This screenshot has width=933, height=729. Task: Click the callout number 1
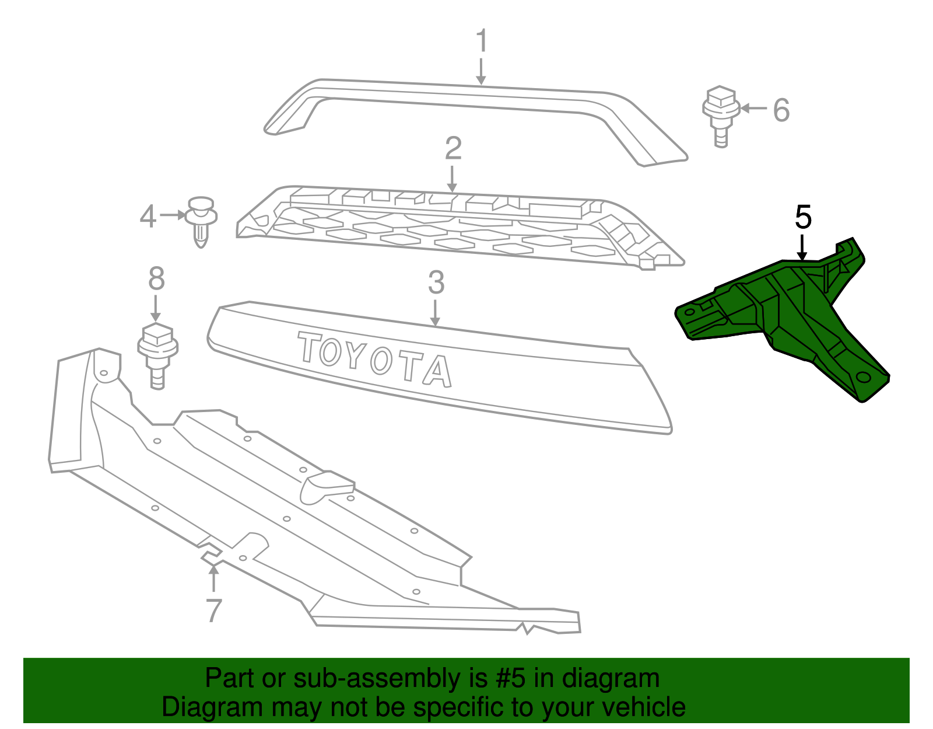pyautogui.click(x=481, y=41)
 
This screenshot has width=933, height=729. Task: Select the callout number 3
pyautogui.click(x=436, y=282)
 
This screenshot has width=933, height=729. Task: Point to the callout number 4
pyautogui.click(x=148, y=217)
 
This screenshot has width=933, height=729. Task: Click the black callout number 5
pyautogui.click(x=803, y=217)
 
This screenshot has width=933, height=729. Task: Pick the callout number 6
pyautogui.click(x=781, y=110)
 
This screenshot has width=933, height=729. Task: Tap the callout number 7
pyautogui.click(x=214, y=611)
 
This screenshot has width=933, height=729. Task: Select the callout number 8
pyautogui.click(x=156, y=279)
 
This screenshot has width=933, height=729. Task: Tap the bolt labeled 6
pyautogui.click(x=721, y=115)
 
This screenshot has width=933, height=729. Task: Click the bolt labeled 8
pyautogui.click(x=157, y=354)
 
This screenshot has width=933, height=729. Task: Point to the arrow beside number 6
pyautogui.click(x=754, y=109)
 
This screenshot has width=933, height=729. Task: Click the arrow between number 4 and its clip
pyautogui.click(x=173, y=215)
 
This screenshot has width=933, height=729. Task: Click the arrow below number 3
pyautogui.click(x=435, y=313)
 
